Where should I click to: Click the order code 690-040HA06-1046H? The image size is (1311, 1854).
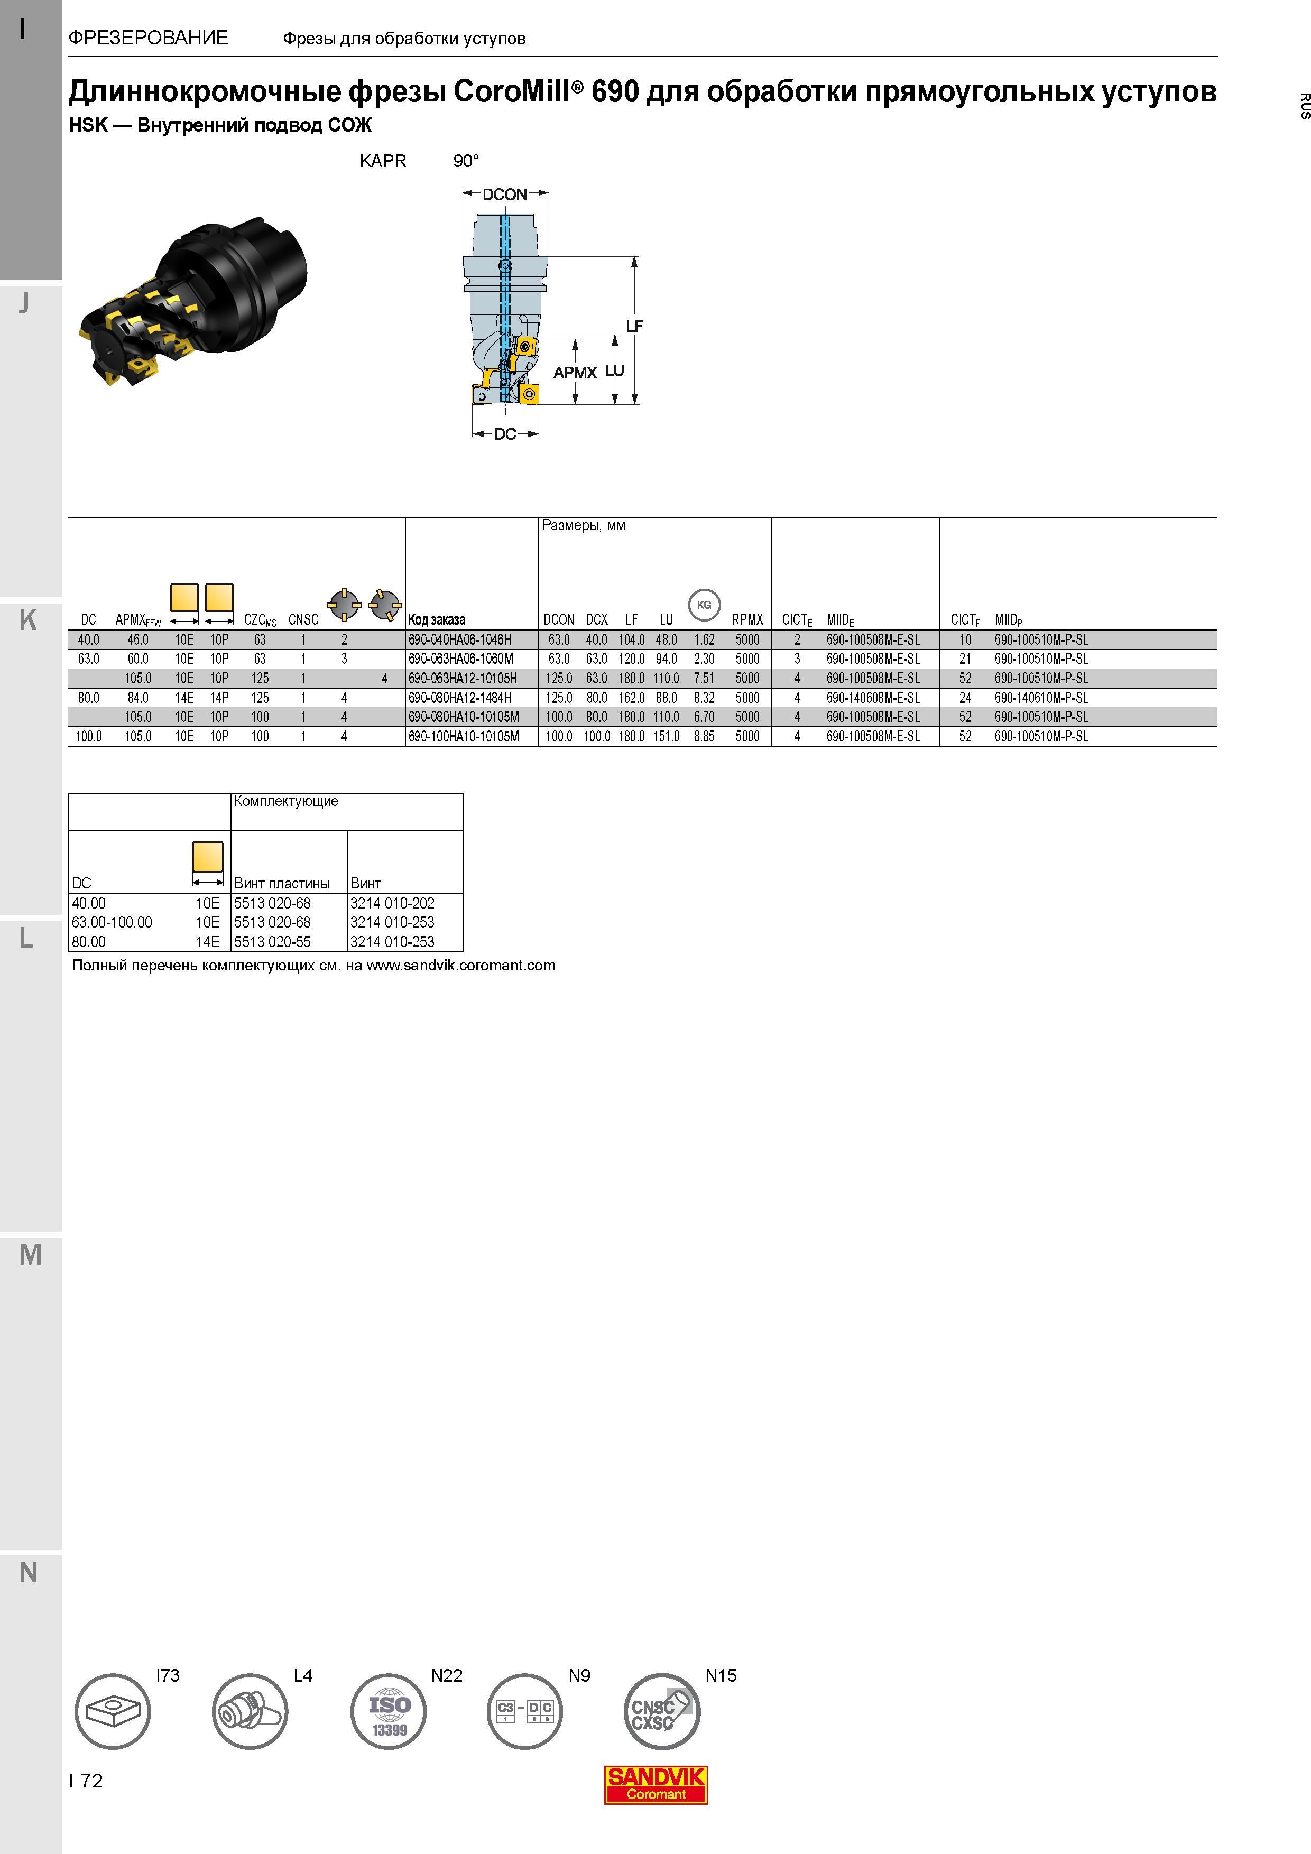[x=459, y=639]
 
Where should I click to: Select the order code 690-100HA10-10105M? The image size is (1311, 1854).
[x=464, y=736]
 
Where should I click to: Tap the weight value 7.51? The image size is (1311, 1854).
[x=704, y=678]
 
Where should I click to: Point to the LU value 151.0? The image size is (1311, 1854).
[x=667, y=736]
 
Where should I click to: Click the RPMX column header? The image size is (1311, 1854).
[x=747, y=620]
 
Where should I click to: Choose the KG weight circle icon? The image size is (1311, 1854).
[x=704, y=605]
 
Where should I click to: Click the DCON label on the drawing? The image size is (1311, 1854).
[x=505, y=194]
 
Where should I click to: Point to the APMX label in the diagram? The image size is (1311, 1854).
[x=575, y=373]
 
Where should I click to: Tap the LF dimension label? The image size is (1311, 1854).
[x=634, y=326]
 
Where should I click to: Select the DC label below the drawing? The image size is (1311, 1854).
[x=505, y=434]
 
